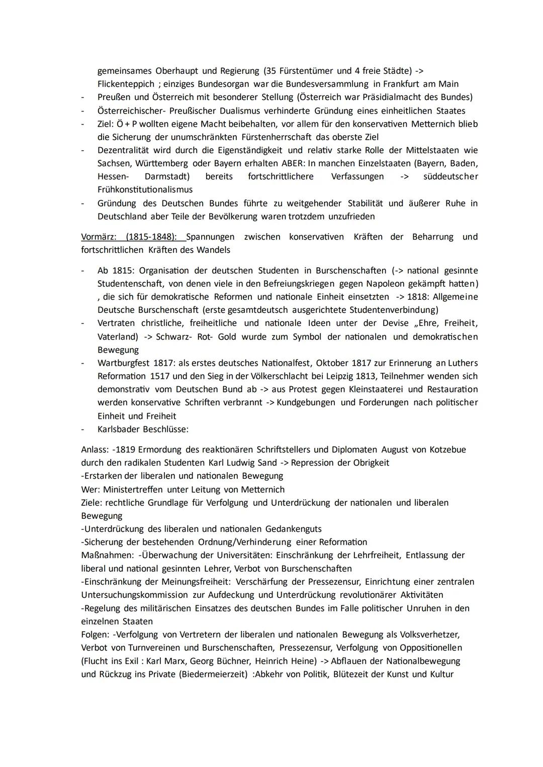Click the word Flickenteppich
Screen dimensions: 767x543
coord(126,84)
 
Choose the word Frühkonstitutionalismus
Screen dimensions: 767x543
coord(145,190)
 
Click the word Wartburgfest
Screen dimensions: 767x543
coord(123,363)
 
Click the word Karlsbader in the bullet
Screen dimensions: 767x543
coord(119,429)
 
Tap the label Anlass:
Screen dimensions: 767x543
coord(95,450)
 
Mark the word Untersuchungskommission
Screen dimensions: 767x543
coord(135,595)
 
